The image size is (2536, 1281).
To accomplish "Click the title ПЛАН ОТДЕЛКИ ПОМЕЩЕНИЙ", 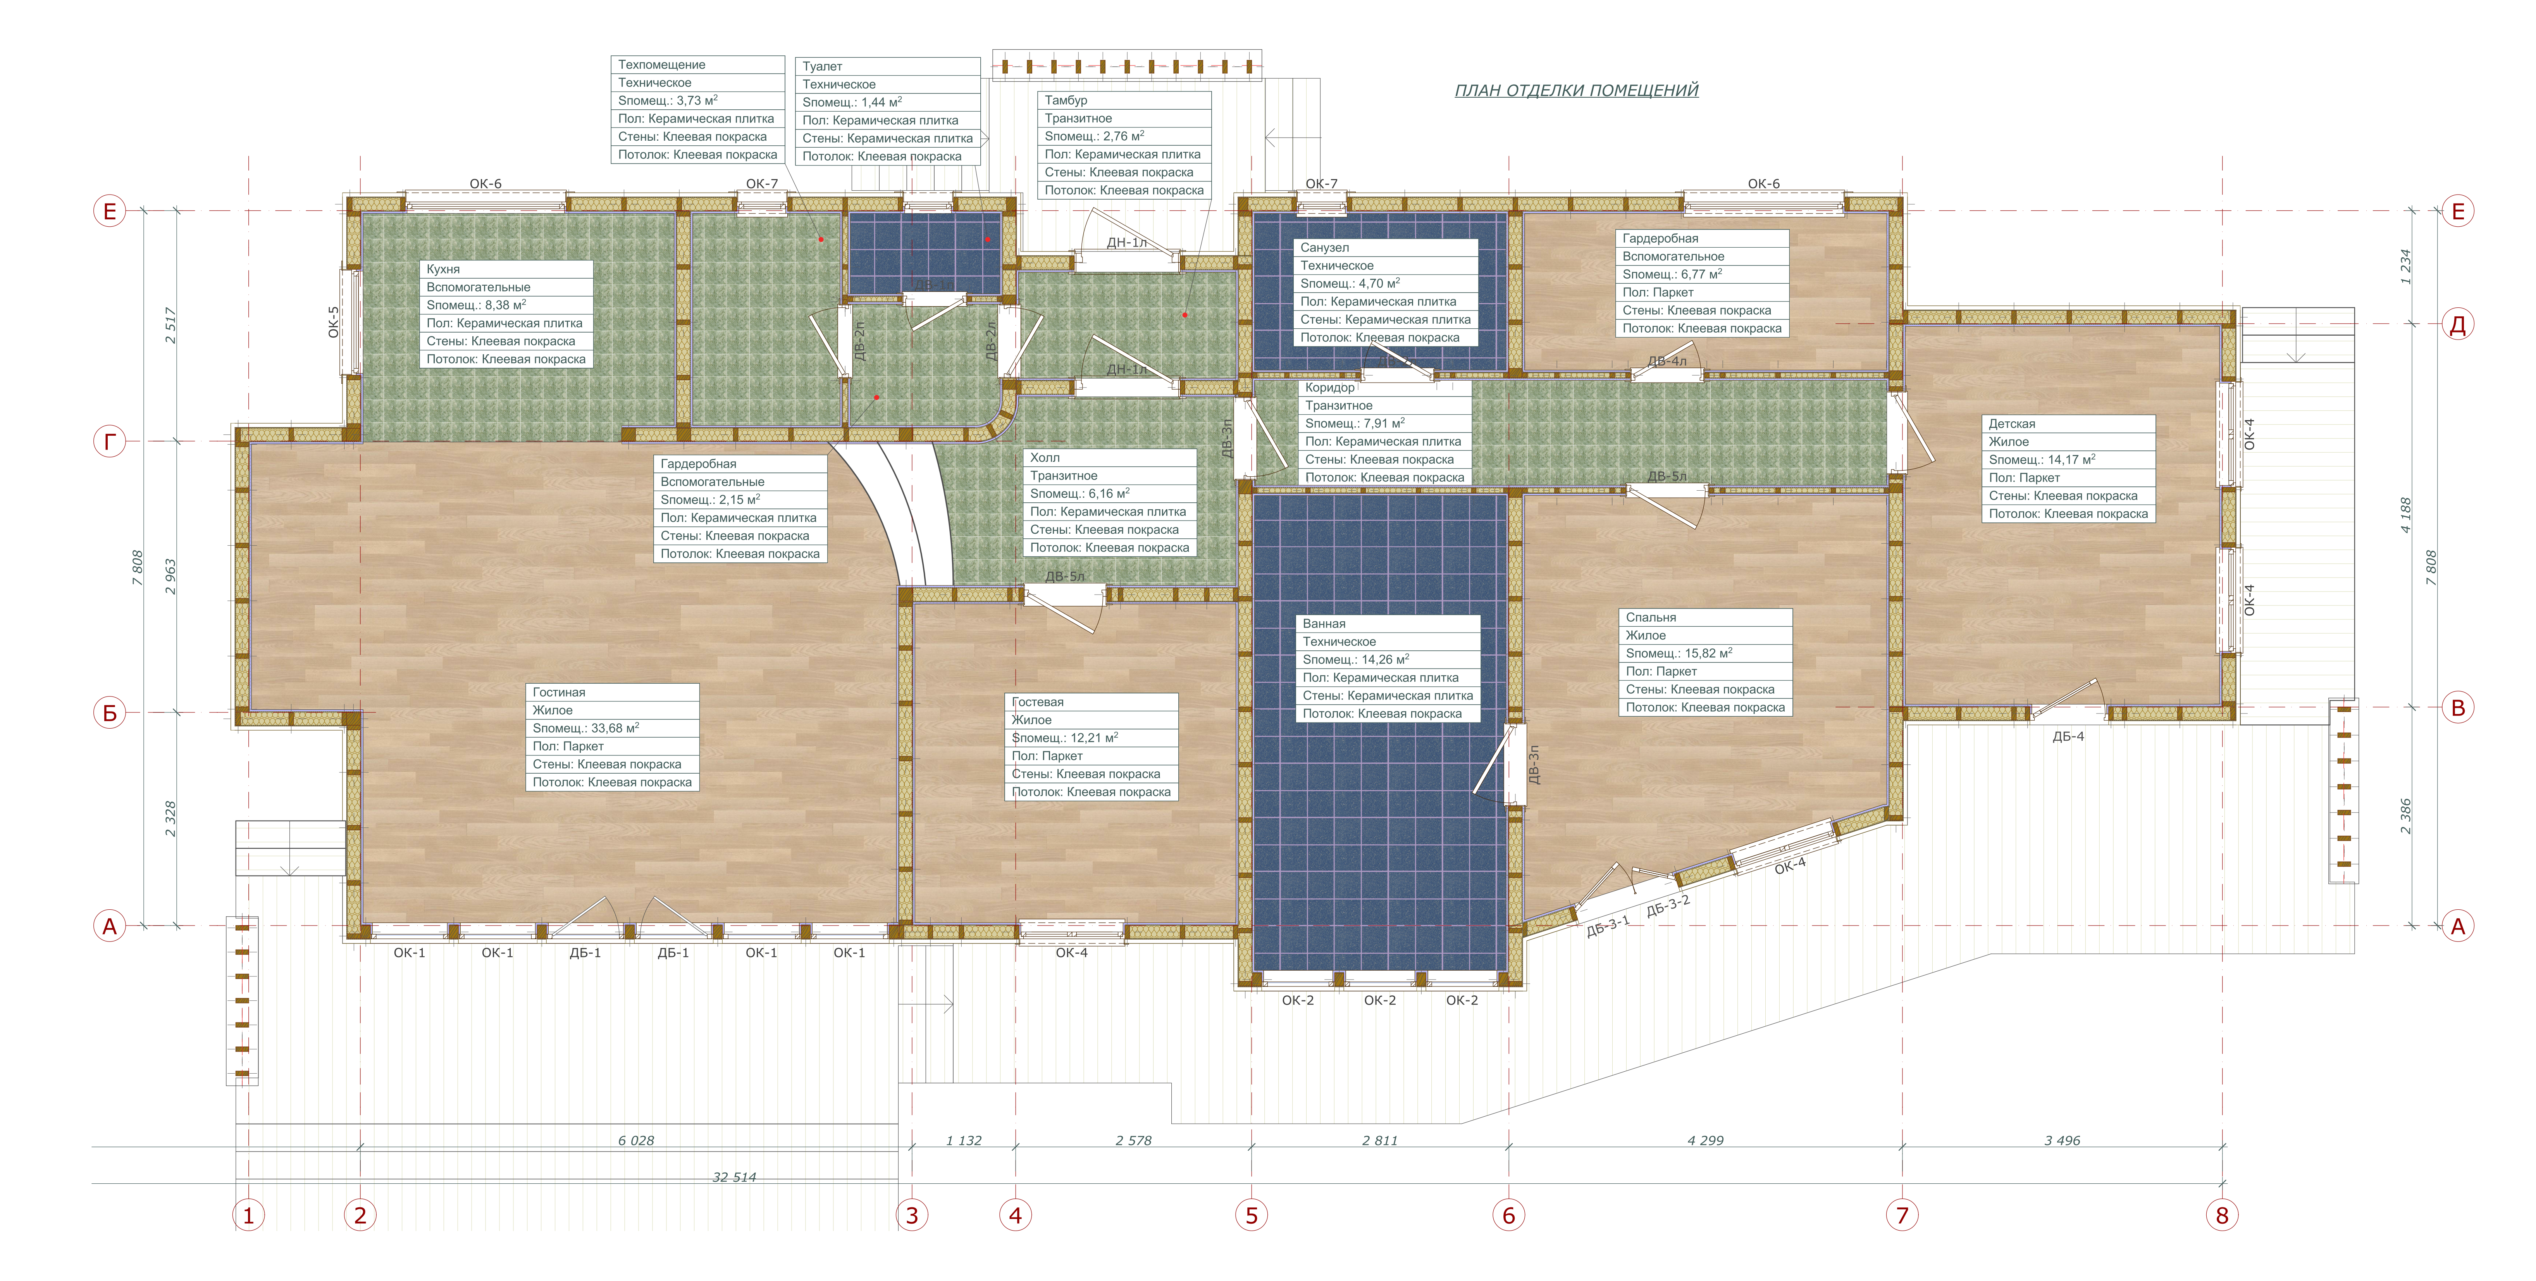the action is click(1576, 91).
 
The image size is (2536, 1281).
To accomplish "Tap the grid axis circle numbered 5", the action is click(1251, 1215).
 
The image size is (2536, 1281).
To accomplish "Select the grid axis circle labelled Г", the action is click(109, 442).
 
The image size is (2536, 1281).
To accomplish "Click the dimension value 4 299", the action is click(1705, 1140).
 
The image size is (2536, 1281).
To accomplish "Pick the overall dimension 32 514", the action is click(734, 1177).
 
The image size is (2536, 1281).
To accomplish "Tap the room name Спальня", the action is click(1651, 617).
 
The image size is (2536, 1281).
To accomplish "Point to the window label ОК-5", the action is click(333, 322).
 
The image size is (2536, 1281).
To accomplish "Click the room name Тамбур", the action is click(1066, 100).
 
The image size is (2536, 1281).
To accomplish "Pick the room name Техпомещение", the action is click(661, 64).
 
